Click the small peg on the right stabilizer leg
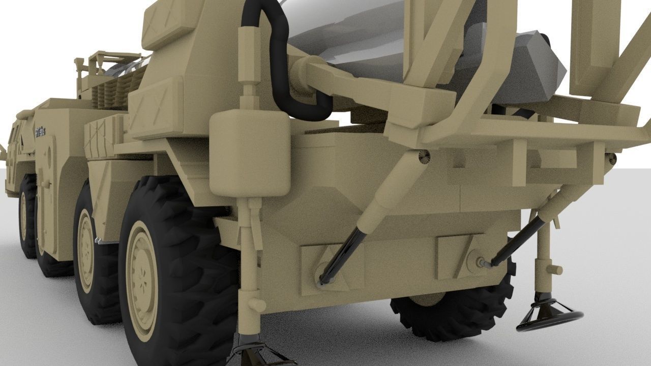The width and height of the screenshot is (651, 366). point(555,269)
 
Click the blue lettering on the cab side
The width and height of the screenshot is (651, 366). point(40,132)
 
